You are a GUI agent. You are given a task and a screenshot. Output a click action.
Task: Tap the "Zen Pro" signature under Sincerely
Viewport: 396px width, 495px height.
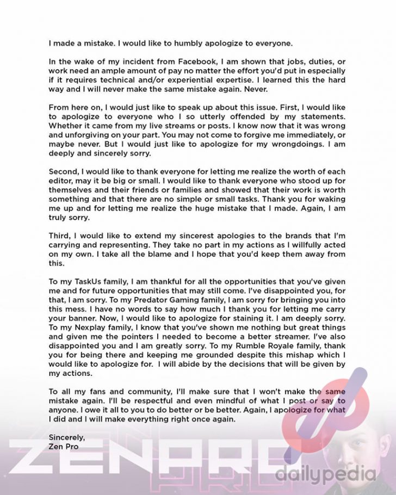pyautogui.click(x=64, y=447)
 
